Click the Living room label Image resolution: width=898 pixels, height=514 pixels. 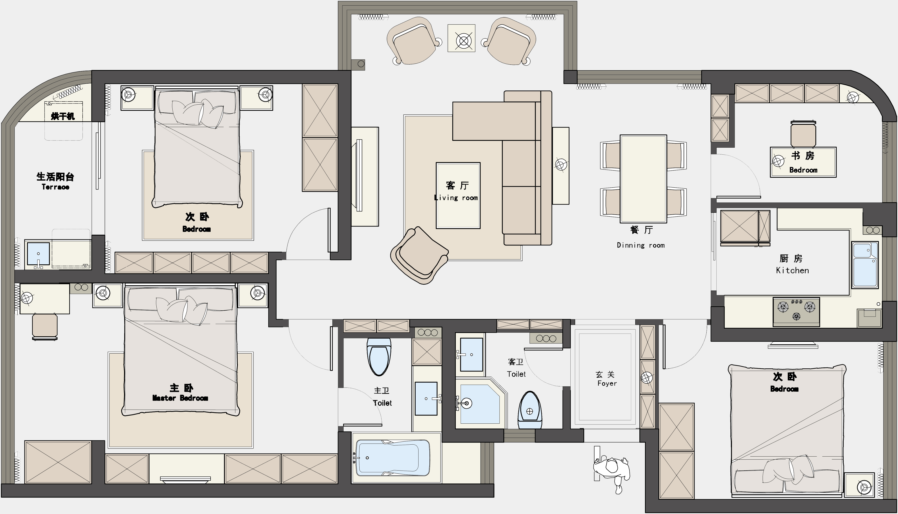(456, 198)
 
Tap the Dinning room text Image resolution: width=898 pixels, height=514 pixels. (641, 245)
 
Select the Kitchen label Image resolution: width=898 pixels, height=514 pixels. (792, 270)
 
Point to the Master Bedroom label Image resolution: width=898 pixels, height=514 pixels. (180, 398)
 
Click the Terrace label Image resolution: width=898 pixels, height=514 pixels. (55, 187)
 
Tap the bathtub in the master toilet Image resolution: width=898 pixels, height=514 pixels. (393, 458)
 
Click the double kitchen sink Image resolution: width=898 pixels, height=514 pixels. (865, 265)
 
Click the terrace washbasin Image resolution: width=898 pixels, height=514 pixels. (38, 254)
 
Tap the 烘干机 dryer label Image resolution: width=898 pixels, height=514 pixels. (63, 116)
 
